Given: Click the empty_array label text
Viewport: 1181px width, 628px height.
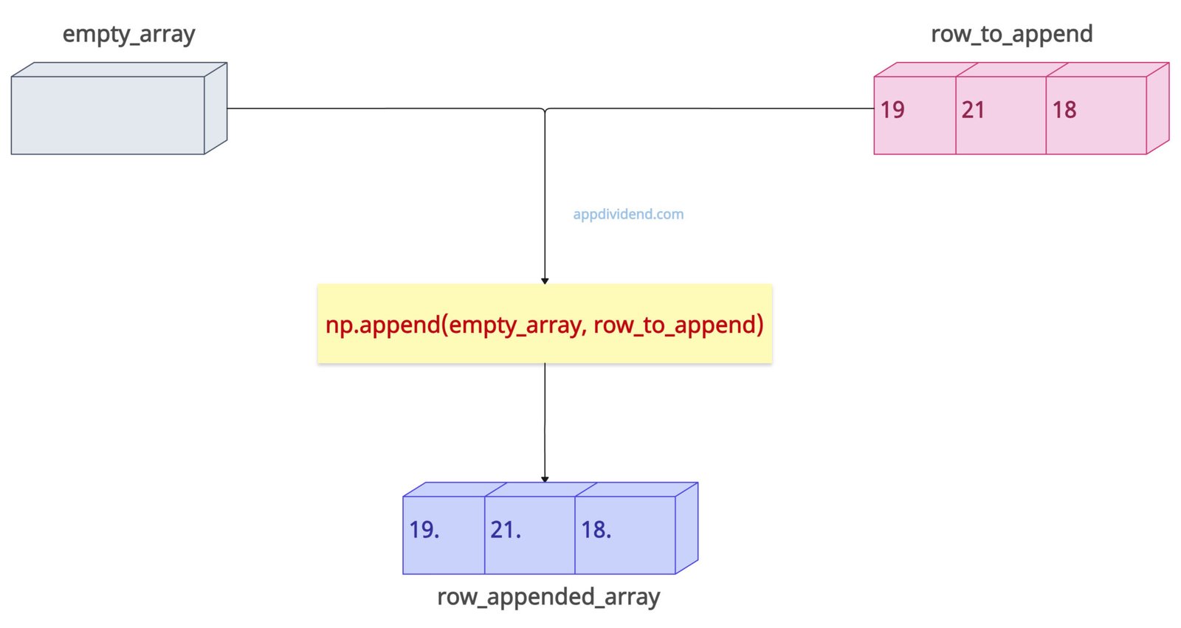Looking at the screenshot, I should [128, 35].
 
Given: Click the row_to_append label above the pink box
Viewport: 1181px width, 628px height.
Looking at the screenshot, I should [1011, 35].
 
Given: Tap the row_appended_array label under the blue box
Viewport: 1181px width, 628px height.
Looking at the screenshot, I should [548, 597].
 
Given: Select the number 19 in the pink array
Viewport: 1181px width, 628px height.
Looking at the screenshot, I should [892, 110].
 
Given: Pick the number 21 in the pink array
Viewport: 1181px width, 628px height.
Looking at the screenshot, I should [973, 110].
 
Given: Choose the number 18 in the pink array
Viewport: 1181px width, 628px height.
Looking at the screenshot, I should [1064, 110].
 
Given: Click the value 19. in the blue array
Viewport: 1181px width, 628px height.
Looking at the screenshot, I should [424, 530].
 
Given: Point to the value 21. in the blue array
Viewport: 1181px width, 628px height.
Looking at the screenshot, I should [506, 530].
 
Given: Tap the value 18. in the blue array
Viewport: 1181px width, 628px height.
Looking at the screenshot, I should [596, 530].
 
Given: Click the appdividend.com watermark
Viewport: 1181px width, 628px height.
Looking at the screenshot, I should [628, 215].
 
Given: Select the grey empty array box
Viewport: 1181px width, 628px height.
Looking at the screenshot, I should [109, 115].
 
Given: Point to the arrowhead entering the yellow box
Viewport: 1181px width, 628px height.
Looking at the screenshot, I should [545, 280].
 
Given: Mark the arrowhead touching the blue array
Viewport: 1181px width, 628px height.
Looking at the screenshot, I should [545, 479].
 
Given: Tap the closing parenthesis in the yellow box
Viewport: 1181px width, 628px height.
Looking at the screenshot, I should [759, 325].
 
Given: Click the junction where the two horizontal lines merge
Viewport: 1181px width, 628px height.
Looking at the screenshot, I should [545, 110].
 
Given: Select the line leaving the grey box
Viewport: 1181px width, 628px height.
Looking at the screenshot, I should [369, 108].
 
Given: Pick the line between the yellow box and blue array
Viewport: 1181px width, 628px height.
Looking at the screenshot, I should [545, 421].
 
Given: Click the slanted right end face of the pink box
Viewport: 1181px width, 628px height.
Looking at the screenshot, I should [1157, 108].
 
